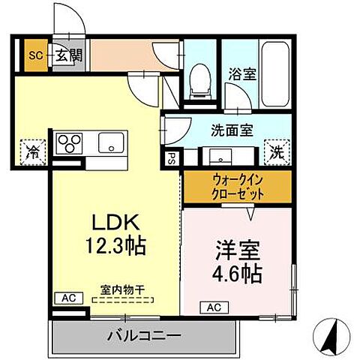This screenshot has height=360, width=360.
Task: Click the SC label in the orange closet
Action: pos(34,54)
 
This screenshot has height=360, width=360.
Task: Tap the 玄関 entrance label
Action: pos(63,54)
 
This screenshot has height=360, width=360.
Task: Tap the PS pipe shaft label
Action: pos(172,158)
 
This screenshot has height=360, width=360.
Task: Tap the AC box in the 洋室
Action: pos(213,307)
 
